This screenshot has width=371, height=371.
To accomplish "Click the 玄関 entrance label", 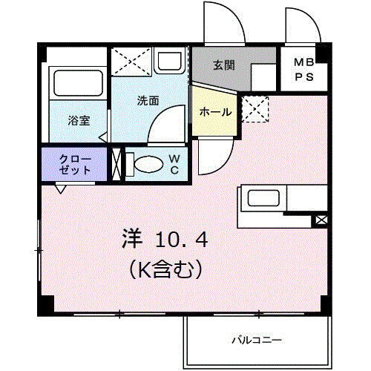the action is click(x=224, y=65).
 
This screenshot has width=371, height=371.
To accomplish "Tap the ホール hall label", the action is click(x=215, y=112).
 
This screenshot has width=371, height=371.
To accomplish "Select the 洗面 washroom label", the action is click(x=148, y=101).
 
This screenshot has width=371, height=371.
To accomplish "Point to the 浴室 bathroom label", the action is click(x=79, y=121).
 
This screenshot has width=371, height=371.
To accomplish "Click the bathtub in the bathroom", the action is click(x=78, y=83).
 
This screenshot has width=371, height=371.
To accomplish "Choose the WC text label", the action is click(x=174, y=164).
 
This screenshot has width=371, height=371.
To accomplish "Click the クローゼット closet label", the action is click(x=75, y=165).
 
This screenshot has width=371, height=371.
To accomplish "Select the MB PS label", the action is click(x=304, y=70).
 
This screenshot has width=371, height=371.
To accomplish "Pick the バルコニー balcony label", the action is click(x=257, y=341).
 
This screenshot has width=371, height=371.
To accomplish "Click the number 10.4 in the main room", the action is click(x=182, y=240).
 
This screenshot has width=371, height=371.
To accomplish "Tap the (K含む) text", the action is click(x=165, y=269).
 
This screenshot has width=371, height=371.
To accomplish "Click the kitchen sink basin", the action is click(x=263, y=198).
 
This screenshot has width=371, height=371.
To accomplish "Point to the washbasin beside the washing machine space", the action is click(x=168, y=60).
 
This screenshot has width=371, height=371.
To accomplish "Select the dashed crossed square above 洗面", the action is click(x=131, y=61).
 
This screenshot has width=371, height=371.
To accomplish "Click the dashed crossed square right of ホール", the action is click(x=255, y=109).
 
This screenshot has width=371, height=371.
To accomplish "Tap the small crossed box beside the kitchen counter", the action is click(x=321, y=220).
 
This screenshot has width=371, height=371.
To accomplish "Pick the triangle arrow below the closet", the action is click(x=61, y=189).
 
